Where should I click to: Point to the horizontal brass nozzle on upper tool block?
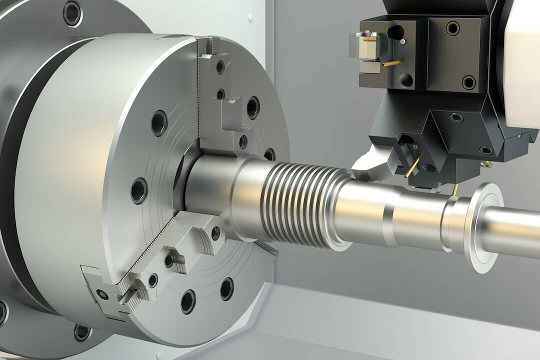click(x=392, y=63)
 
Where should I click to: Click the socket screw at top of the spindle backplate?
click(x=71, y=13)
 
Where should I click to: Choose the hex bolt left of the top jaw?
click(x=158, y=122)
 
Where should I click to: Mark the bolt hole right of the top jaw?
click(x=253, y=107)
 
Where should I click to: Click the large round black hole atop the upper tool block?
click(x=395, y=32)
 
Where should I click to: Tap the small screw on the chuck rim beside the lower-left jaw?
click(x=102, y=294)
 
